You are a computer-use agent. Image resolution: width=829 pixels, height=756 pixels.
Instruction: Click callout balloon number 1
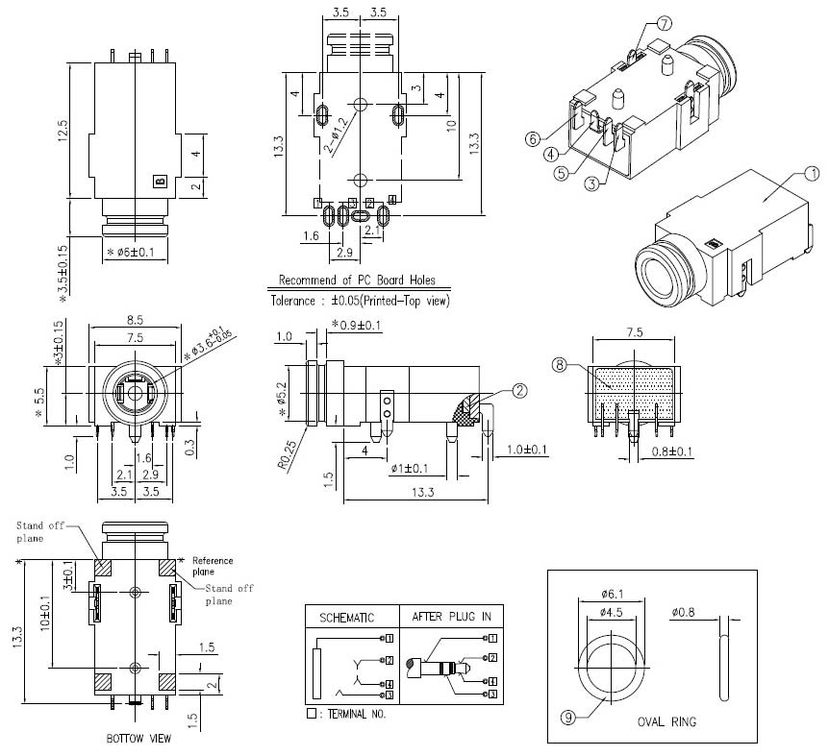(811, 174)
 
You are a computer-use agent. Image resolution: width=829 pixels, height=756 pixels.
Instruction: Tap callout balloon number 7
(665, 24)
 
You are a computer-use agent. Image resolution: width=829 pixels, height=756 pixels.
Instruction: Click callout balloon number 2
(520, 390)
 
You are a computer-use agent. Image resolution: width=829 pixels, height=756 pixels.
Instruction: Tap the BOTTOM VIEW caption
(139, 739)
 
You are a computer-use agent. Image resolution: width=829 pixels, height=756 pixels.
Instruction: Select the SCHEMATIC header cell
(346, 617)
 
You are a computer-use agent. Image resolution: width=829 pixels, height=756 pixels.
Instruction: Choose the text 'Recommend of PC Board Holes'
(357, 280)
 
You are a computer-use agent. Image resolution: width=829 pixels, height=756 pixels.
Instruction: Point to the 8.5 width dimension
(135, 320)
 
